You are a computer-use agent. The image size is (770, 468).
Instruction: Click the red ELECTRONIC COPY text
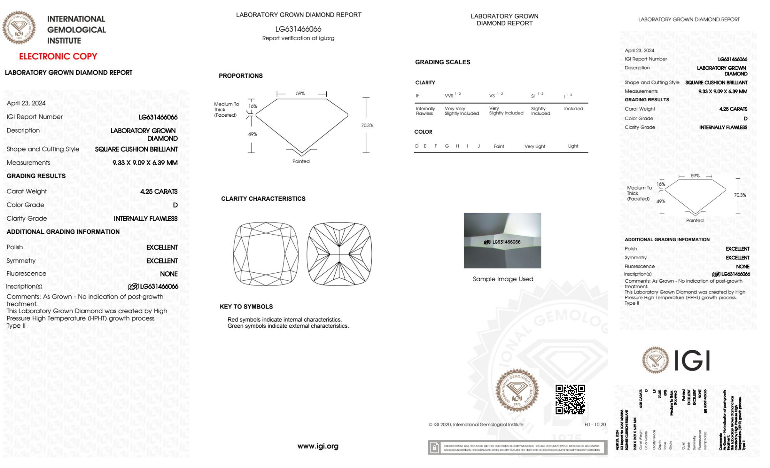pyautogui.click(x=58, y=57)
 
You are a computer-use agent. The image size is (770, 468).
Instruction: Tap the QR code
pyautogui.click(x=570, y=399)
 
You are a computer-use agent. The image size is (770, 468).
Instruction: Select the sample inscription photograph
pyautogui.click(x=502, y=240)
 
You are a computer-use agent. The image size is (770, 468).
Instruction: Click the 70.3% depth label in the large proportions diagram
pyautogui.click(x=367, y=126)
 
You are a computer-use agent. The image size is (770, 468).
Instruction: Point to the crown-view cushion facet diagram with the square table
pyautogui.click(x=266, y=254)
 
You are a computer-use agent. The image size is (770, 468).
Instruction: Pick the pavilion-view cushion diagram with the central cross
pyautogui.click(x=339, y=254)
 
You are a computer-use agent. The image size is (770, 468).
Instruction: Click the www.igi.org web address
pyautogui.click(x=318, y=446)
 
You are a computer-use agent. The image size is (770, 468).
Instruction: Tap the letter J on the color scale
pyautogui.click(x=479, y=146)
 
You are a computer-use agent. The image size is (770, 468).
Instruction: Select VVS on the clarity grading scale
pyautogui.click(x=449, y=96)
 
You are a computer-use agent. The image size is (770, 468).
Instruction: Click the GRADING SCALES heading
pyautogui.click(x=443, y=62)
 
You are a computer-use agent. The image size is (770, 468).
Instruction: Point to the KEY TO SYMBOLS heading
pyautogui.click(x=246, y=307)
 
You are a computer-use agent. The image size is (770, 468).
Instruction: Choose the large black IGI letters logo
pyautogui.click(x=692, y=361)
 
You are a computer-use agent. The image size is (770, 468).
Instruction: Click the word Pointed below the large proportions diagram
pyautogui.click(x=301, y=161)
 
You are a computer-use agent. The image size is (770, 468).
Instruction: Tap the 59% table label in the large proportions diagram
pyautogui.click(x=300, y=94)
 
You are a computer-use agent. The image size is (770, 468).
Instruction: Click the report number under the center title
pyautogui.click(x=298, y=29)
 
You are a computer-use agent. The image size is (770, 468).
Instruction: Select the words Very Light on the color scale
pyautogui.click(x=535, y=146)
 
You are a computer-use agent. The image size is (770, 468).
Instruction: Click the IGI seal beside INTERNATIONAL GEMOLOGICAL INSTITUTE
pyautogui.click(x=19, y=28)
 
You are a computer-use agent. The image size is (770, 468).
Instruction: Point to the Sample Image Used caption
pyautogui.click(x=503, y=279)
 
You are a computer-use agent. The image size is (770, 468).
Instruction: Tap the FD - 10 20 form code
pyautogui.click(x=595, y=424)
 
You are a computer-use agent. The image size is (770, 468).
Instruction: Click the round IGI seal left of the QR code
pyautogui.click(x=517, y=391)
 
